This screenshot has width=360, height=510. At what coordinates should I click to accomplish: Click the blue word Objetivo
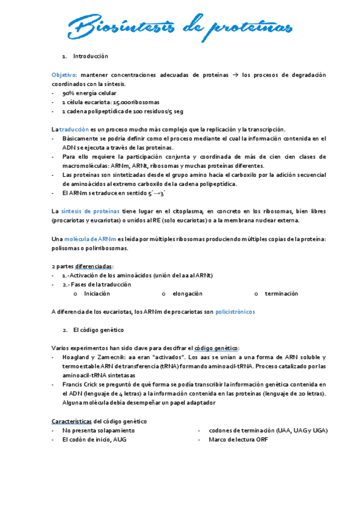64,75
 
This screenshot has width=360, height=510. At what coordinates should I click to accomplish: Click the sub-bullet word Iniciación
97,293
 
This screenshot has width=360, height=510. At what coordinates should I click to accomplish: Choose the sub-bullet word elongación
187,293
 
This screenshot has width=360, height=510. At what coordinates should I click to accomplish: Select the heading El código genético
98,330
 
